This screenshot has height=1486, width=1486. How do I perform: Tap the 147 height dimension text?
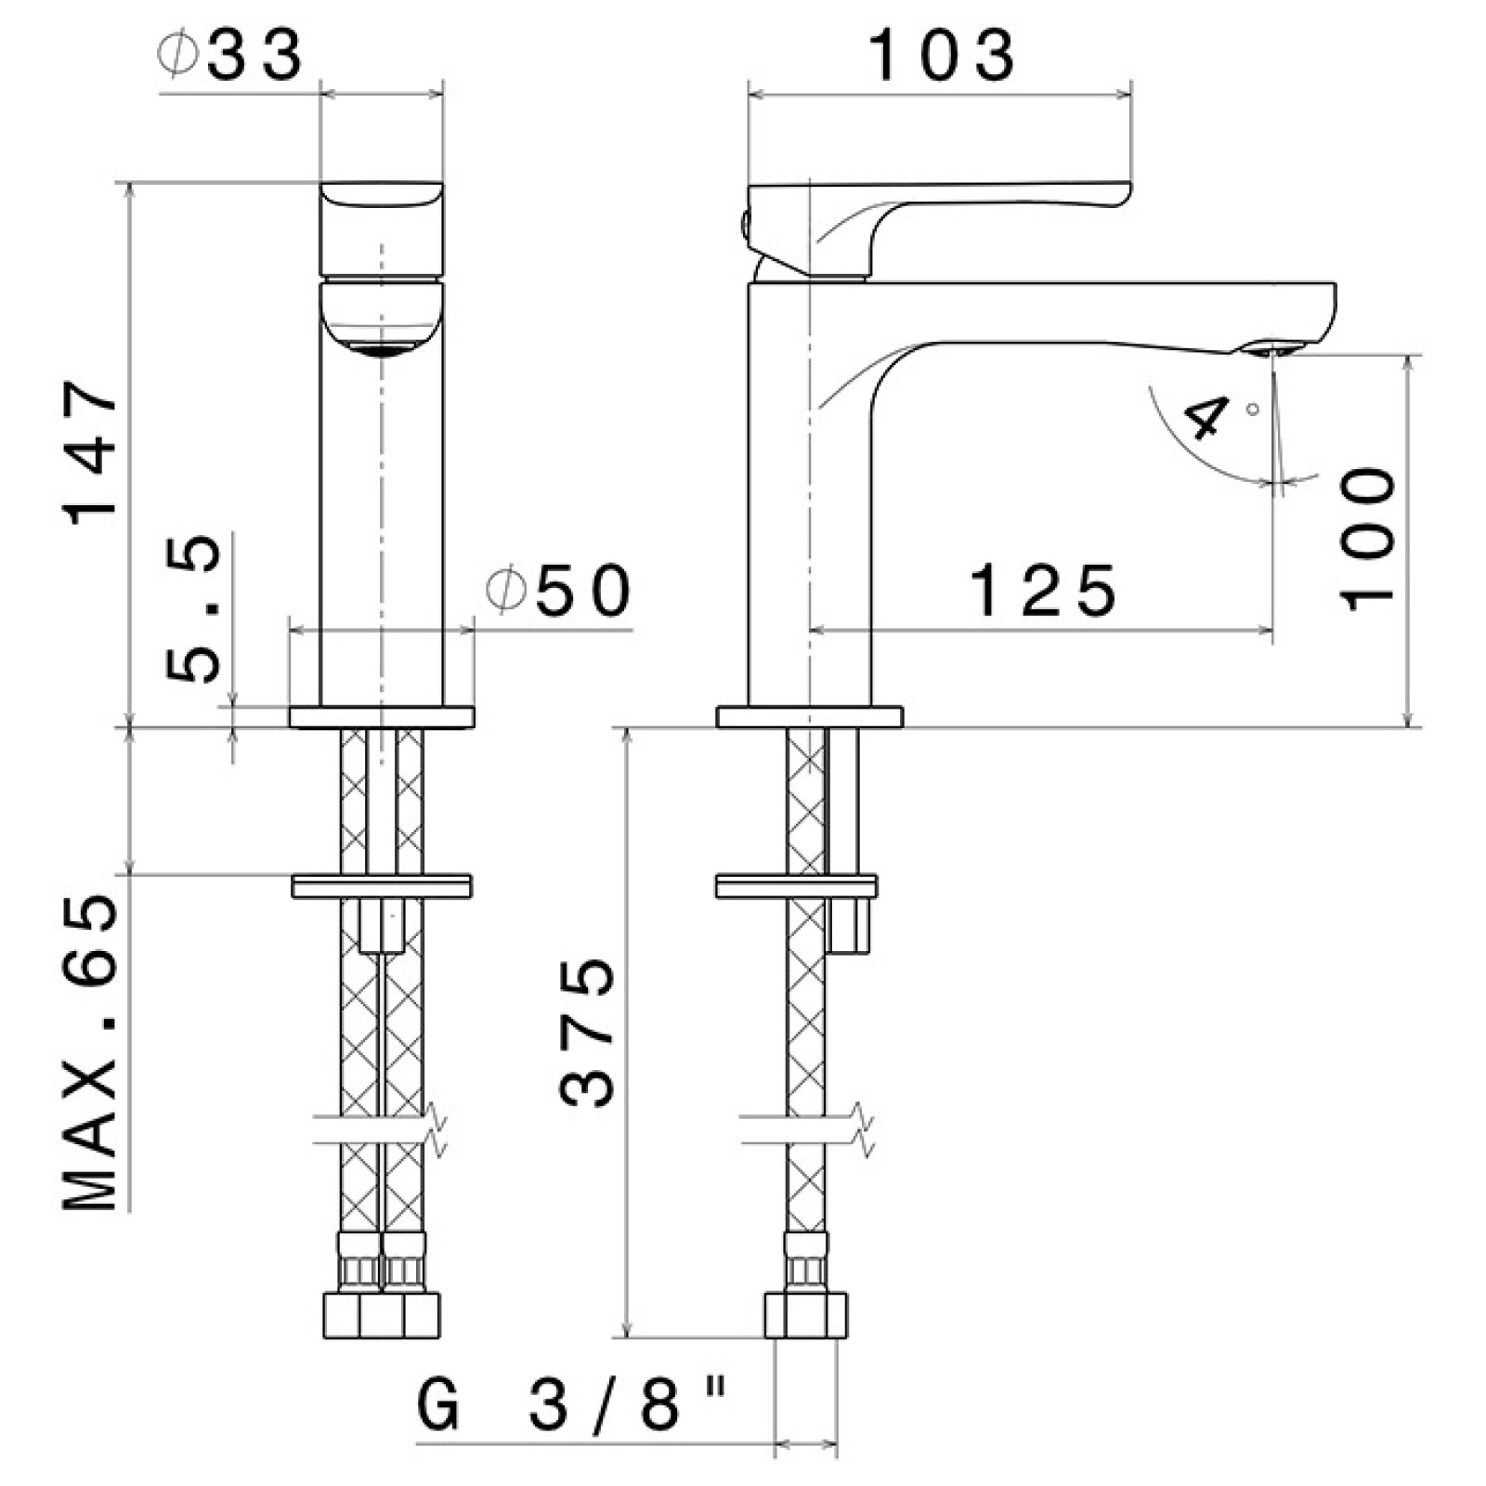point(93,450)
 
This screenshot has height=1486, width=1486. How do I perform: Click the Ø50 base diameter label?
point(560,592)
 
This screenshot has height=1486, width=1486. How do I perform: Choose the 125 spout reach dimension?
point(1042,591)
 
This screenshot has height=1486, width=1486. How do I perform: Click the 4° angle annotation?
point(1212,418)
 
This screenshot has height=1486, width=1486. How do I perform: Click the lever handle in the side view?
point(938,200)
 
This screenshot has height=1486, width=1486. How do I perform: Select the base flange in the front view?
point(382,717)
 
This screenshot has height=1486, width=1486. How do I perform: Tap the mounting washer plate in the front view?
point(382,885)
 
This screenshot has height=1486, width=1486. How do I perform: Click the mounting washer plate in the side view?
point(796,885)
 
